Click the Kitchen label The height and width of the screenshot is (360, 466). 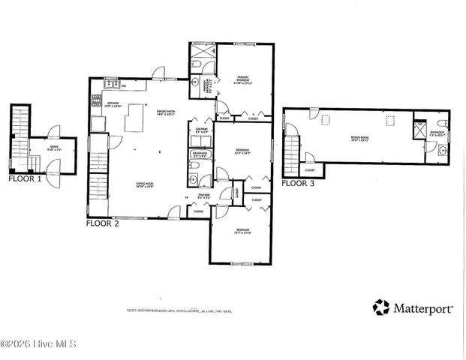(113, 103)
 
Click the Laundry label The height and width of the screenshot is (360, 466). (202, 130)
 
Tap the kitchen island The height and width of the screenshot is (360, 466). (136, 117)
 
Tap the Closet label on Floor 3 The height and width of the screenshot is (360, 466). (309, 169)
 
